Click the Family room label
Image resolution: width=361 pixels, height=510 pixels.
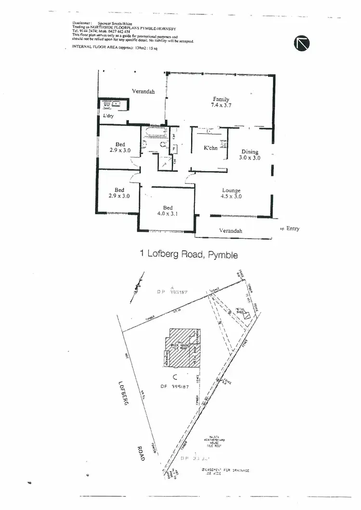pyautogui.click(x=221, y=99)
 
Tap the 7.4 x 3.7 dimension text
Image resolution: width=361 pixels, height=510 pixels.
pyautogui.click(x=221, y=105)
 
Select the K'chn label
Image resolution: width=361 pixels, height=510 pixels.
pyautogui.click(x=210, y=148)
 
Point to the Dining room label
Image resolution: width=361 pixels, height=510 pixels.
pyautogui.click(x=250, y=152)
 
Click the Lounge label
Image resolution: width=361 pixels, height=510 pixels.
pyautogui.click(x=231, y=190)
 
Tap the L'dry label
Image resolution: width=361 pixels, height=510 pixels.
pyautogui.click(x=108, y=116)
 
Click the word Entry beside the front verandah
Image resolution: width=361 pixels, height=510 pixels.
pyautogui.click(x=293, y=229)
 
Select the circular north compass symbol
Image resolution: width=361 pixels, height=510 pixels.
pyautogui.click(x=302, y=44)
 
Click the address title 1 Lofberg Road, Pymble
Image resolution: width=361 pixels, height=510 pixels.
pyautogui.click(x=189, y=254)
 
